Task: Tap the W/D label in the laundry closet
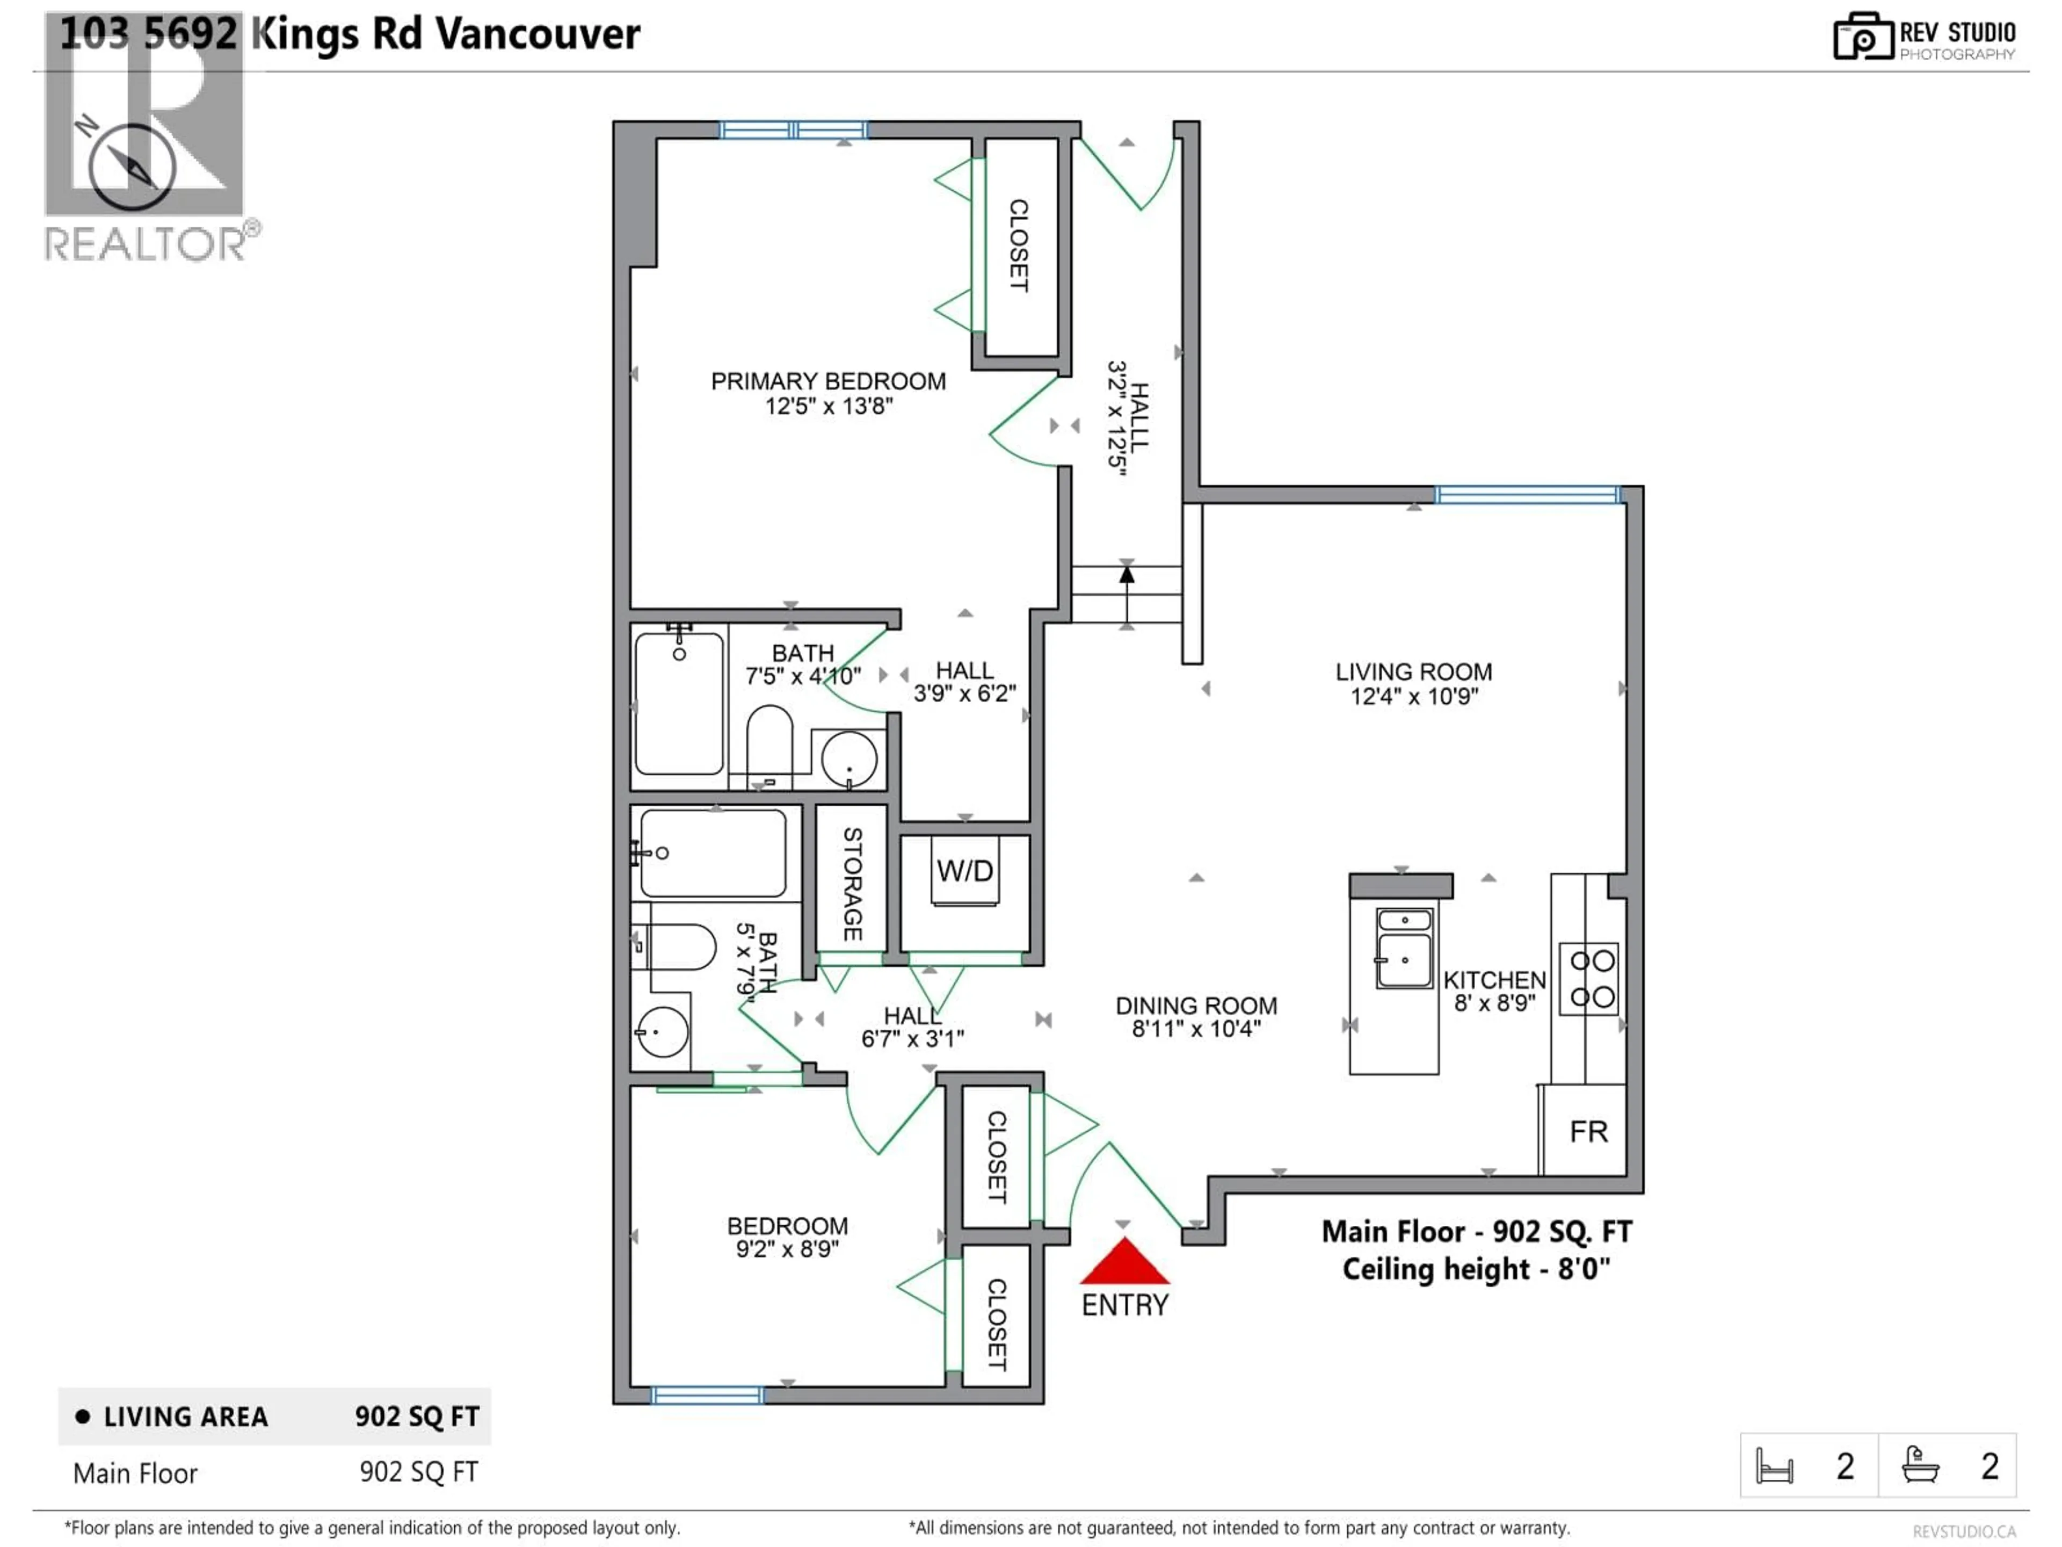point(965,871)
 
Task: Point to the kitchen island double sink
point(1404,948)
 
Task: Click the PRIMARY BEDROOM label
point(828,381)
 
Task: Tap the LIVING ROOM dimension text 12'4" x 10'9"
point(1413,697)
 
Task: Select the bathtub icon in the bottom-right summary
point(1920,1465)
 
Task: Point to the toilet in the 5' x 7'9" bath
point(677,948)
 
